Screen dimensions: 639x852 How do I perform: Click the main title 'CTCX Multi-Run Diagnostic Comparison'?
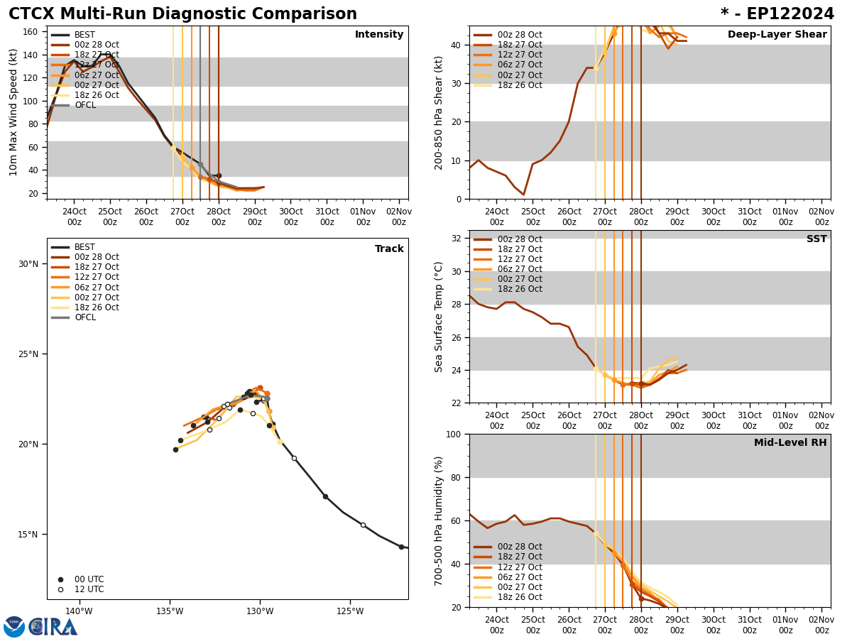pos(182,14)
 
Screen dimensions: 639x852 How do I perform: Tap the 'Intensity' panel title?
pos(379,35)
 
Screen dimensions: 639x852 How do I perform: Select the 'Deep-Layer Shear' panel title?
pos(777,35)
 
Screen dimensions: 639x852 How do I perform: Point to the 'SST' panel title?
pos(816,239)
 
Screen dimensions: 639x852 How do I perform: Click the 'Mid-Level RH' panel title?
pos(790,443)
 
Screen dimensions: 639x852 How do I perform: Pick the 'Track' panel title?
pos(389,249)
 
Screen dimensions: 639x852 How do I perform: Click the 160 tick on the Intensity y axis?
pos(31,32)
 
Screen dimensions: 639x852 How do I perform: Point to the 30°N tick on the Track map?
pos(28,264)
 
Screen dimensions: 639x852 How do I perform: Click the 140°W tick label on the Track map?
pos(79,611)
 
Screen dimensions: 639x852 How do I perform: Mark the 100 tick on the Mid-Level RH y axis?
pos(452,434)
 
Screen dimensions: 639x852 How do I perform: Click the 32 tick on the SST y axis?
pos(457,239)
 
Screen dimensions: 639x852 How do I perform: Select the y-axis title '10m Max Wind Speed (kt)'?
pos(13,112)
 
